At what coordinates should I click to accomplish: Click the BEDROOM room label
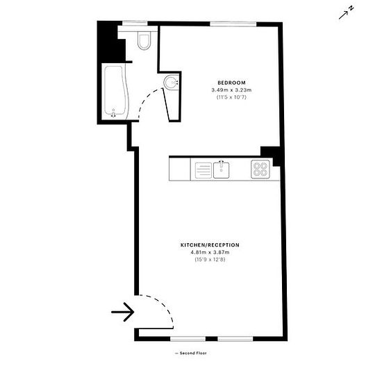point(231,83)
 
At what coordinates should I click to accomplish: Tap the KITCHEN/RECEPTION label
point(210,245)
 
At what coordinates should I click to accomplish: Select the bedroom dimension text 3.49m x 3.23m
point(231,90)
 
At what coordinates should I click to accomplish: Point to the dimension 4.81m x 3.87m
point(210,252)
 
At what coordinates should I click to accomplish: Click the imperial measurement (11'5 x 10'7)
point(231,97)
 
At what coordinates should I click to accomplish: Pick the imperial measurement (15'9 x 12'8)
point(210,260)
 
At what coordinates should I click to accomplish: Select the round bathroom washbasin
point(171,83)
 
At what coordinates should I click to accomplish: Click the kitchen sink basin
point(221,170)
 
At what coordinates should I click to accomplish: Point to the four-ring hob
point(260,169)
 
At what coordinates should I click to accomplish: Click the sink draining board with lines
point(204,170)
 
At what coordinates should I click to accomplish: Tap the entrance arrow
point(122,312)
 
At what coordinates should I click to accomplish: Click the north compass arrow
point(346,13)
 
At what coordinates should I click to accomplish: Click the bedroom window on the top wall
point(233,24)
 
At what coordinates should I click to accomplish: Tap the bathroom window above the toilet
point(135,24)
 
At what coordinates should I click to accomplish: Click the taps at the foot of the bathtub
point(113,114)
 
